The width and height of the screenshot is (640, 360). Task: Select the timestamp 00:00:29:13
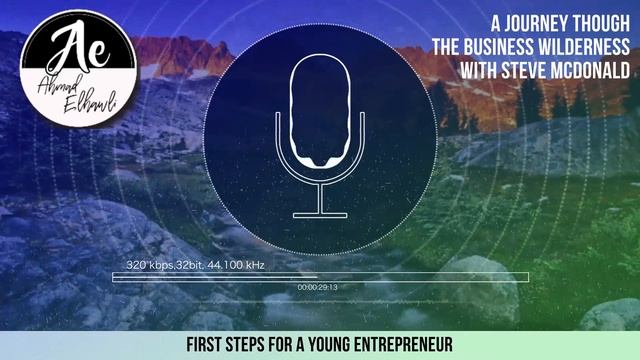click(x=317, y=288)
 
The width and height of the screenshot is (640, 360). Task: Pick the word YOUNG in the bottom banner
click(x=314, y=344)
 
